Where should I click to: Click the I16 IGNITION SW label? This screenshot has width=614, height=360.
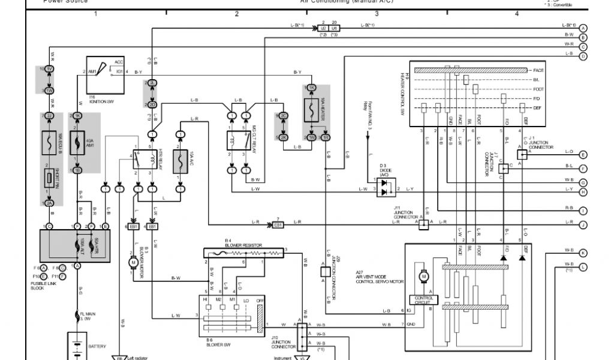tap(99, 99)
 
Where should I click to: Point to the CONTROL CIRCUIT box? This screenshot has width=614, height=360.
tap(423, 299)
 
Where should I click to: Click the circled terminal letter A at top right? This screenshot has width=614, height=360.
tap(583, 28)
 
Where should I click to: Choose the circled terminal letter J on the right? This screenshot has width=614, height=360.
tap(583, 225)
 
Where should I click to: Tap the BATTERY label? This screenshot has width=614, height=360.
tap(97, 346)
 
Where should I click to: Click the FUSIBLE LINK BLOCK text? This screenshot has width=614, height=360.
tap(41, 286)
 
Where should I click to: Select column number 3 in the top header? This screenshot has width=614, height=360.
tap(377, 13)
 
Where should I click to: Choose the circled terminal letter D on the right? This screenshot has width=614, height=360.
tap(583, 56)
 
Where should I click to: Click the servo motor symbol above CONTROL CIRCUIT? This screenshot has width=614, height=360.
tap(423, 277)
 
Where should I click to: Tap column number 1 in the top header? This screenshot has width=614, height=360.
tap(95, 13)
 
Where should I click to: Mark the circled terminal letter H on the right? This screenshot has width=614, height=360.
tap(583, 192)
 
